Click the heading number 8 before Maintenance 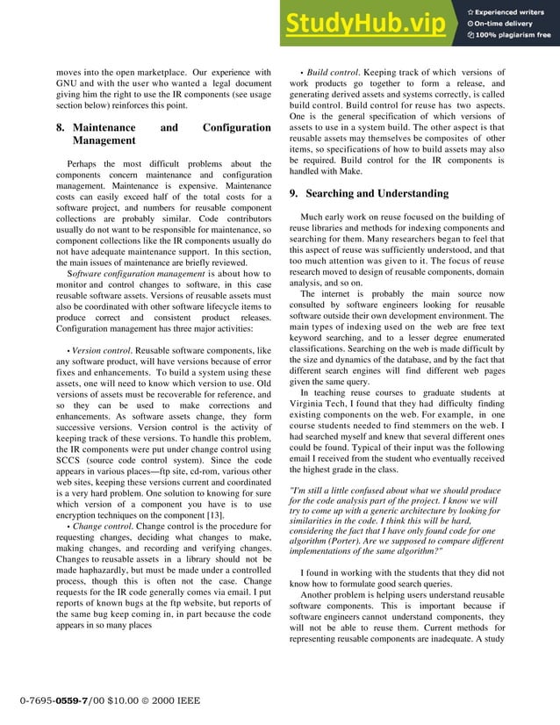click(59, 128)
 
